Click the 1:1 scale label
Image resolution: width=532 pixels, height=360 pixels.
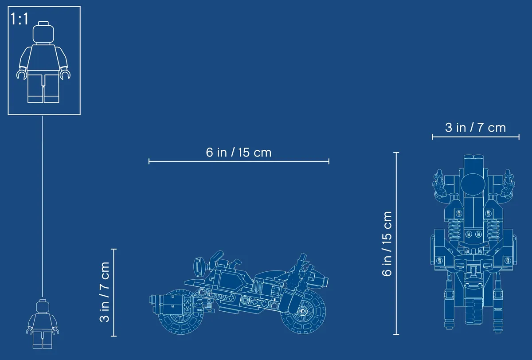tap(20, 19)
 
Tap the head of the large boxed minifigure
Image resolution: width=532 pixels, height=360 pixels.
tap(43, 33)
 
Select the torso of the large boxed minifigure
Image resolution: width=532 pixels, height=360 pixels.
tap(43, 57)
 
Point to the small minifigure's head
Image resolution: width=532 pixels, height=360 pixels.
tap(43, 306)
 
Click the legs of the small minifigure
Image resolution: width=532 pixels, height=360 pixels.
tap(42, 340)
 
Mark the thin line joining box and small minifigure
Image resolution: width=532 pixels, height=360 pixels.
tap(43, 206)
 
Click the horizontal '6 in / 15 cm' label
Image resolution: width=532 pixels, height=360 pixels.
tap(239, 153)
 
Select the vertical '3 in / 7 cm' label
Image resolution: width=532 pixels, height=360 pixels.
tap(105, 292)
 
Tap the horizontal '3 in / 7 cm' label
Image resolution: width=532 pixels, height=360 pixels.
tap(475, 128)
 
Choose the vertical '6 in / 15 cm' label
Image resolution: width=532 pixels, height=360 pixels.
tap(387, 244)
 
